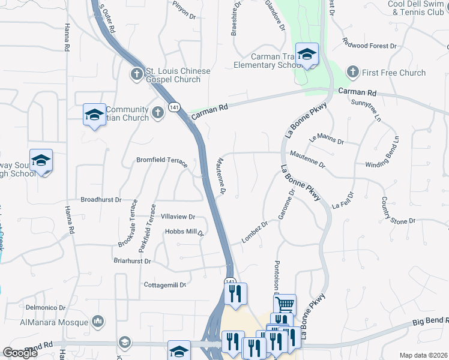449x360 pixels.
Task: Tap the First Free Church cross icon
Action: [x=352, y=73]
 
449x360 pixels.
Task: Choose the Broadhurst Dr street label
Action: [x=101, y=199]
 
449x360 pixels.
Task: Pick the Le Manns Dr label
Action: [x=326, y=140]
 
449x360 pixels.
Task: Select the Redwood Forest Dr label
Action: [x=370, y=46]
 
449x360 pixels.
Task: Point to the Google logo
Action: [x=20, y=353]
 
